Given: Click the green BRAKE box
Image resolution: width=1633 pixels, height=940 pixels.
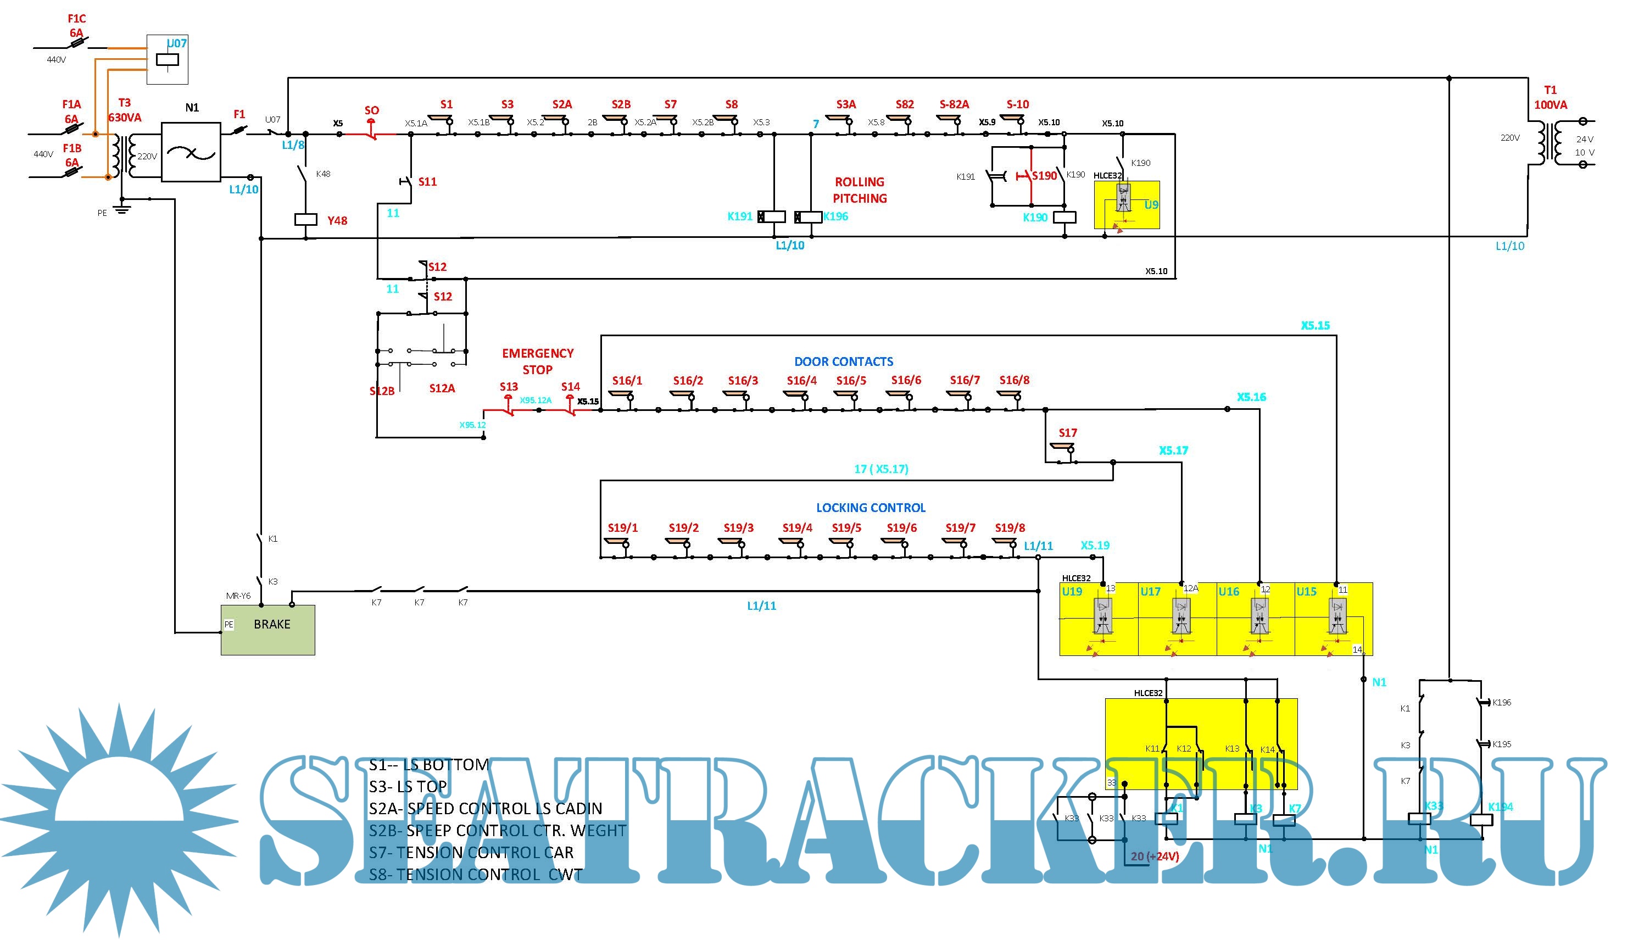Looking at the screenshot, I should click(x=268, y=630).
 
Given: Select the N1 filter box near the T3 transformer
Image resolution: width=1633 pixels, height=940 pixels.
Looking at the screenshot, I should click(x=191, y=152).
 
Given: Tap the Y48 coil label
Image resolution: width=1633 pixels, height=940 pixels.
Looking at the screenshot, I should click(x=337, y=221).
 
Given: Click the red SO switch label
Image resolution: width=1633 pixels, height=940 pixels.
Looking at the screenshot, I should click(x=372, y=110).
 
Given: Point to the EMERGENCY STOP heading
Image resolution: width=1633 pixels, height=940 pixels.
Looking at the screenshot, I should click(x=538, y=361).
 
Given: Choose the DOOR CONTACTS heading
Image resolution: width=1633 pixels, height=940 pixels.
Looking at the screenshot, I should click(x=844, y=361).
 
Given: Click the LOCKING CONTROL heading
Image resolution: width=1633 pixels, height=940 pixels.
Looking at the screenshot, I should click(x=871, y=508).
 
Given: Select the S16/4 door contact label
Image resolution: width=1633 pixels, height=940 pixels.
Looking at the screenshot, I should click(x=801, y=380).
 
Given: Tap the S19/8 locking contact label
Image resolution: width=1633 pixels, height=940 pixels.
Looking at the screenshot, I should click(x=1010, y=527).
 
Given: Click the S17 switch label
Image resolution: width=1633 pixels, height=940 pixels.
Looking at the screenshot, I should click(x=1068, y=432).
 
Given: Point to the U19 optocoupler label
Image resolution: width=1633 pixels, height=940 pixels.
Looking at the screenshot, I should click(x=1072, y=591).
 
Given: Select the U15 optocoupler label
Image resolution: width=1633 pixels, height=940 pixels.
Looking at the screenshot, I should click(x=1306, y=591).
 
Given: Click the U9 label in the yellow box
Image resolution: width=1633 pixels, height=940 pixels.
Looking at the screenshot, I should click(x=1151, y=205).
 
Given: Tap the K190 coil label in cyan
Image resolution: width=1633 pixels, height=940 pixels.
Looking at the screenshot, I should click(x=1035, y=218).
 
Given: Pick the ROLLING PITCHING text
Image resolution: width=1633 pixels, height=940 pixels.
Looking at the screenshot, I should click(x=860, y=190).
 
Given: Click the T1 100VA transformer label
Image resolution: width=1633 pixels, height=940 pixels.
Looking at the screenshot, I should click(x=1551, y=97).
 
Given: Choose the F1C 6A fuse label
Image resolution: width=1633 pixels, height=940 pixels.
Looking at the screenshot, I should click(x=77, y=26).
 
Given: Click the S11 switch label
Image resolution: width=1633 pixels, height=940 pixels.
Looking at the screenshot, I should click(x=427, y=182).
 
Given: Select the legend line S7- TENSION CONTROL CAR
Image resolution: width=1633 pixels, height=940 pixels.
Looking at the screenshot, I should click(x=471, y=852).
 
